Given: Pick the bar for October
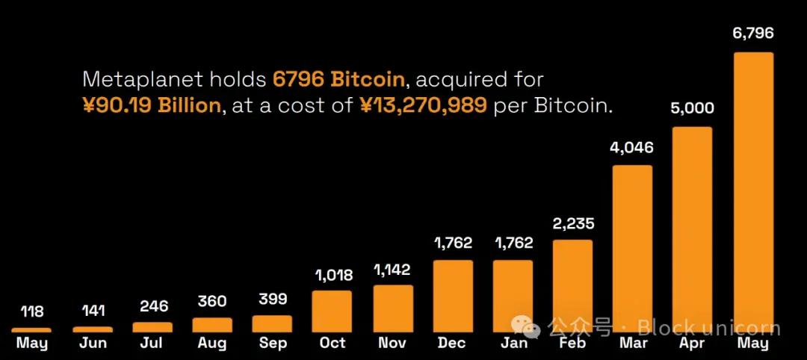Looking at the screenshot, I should pyautogui.click(x=332, y=311).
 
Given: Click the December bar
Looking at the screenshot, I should pyautogui.click(x=452, y=296).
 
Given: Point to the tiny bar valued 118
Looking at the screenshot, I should pyautogui.click(x=31, y=329).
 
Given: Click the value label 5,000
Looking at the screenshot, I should pyautogui.click(x=693, y=108).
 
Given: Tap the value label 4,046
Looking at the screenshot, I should pyautogui.click(x=632, y=147).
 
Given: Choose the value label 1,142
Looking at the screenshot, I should pyautogui.click(x=392, y=270).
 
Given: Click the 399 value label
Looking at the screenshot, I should pyautogui.click(x=272, y=300).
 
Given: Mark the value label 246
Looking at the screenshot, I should pyautogui.click(x=152, y=307).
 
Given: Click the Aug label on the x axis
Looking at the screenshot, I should pyautogui.click(x=212, y=344).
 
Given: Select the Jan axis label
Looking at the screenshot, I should pyautogui.click(x=513, y=344).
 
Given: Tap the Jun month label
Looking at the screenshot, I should pyautogui.click(x=92, y=344).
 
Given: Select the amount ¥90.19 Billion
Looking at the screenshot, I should pyautogui.click(x=152, y=105).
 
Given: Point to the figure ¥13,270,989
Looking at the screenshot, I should pyautogui.click(x=424, y=105).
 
